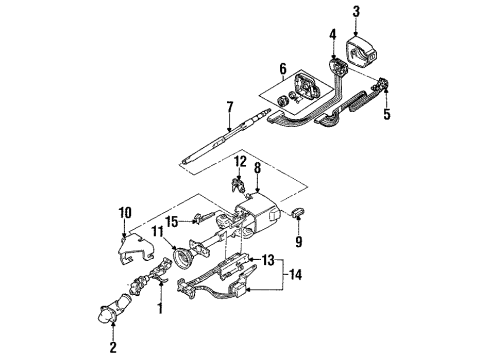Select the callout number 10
[125, 211]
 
